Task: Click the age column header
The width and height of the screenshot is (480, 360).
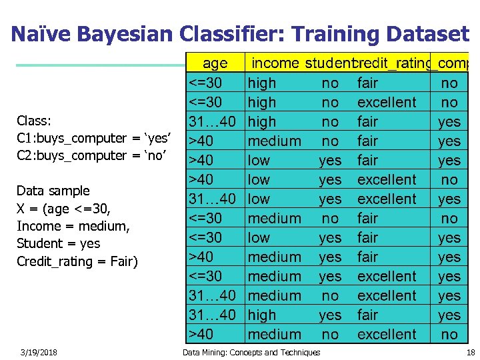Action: coord(215,63)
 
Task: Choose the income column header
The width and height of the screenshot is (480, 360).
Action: coord(275,63)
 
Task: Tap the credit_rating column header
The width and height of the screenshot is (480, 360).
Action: coord(391,63)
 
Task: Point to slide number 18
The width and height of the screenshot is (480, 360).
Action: coord(471,352)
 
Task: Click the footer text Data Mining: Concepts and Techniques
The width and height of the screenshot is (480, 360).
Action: coord(251,352)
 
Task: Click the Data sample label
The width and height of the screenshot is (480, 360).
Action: coord(53,191)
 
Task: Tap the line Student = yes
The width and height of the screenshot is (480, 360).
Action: coord(59,243)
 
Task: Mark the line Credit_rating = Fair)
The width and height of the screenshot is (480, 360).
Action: coord(77,261)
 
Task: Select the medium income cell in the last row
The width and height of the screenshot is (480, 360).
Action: coord(274,334)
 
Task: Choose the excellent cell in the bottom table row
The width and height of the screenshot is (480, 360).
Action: coord(387,334)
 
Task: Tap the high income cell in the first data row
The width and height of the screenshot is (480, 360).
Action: coord(261,83)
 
